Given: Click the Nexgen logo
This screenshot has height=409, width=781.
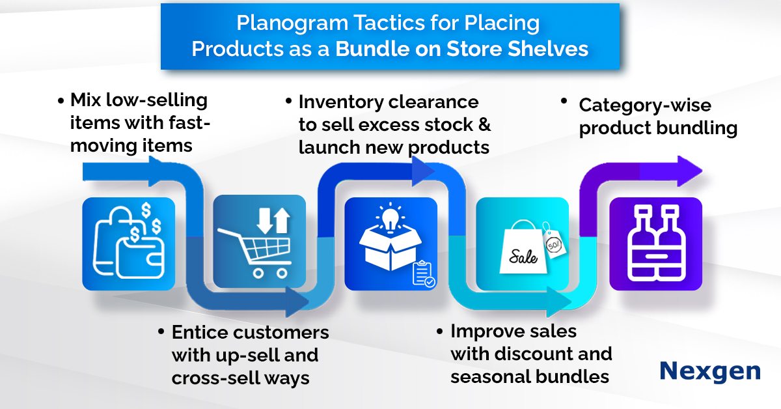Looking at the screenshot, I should (x=709, y=371).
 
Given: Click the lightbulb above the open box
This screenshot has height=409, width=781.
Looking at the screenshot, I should (x=389, y=216).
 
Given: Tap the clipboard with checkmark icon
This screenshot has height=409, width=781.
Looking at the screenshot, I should (x=424, y=274).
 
